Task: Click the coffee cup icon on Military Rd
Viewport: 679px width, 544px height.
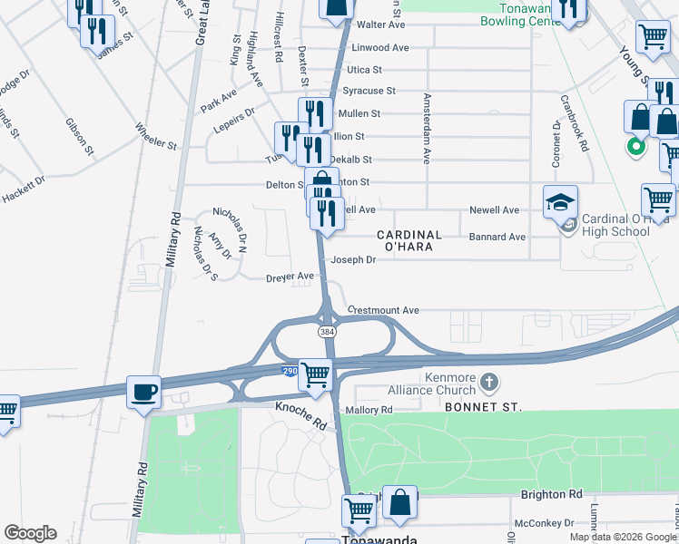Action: click(x=143, y=392)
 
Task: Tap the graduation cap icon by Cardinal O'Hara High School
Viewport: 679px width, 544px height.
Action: click(x=560, y=203)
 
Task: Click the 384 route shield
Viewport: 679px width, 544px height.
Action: click(x=327, y=333)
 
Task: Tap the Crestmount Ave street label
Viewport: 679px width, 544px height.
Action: click(x=382, y=310)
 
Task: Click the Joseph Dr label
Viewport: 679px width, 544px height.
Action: click(x=352, y=259)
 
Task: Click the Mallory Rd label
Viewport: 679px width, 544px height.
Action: click(x=368, y=410)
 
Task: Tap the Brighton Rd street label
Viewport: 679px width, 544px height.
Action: click(x=550, y=494)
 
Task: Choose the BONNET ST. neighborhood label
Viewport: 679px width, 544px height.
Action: click(x=483, y=408)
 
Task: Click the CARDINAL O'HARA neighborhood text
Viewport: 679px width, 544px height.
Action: click(x=409, y=242)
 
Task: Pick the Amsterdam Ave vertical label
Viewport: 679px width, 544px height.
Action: click(x=425, y=128)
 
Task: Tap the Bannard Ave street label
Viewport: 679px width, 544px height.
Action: click(x=497, y=237)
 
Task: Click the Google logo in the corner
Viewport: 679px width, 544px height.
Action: click(x=30, y=533)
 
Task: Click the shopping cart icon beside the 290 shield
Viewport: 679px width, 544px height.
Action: click(x=315, y=373)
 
